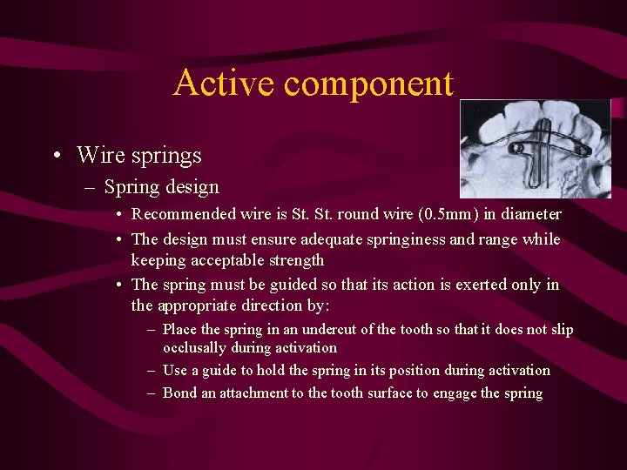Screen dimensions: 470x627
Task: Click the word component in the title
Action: coord(368,84)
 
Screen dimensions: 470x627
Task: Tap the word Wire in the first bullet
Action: coord(102,156)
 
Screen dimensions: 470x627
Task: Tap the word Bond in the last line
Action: coord(180,393)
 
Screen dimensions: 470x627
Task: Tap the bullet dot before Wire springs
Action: coord(56,157)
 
